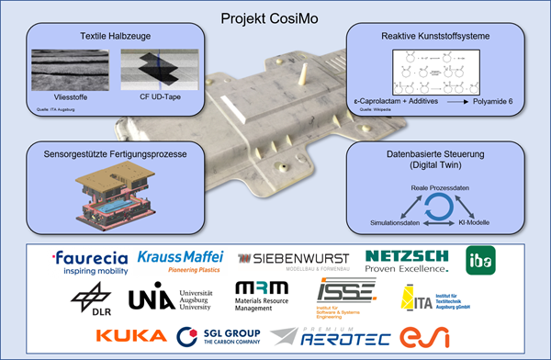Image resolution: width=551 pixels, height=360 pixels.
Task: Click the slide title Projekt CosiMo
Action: click(275, 17)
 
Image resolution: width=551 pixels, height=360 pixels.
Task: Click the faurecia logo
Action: click(90, 262)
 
